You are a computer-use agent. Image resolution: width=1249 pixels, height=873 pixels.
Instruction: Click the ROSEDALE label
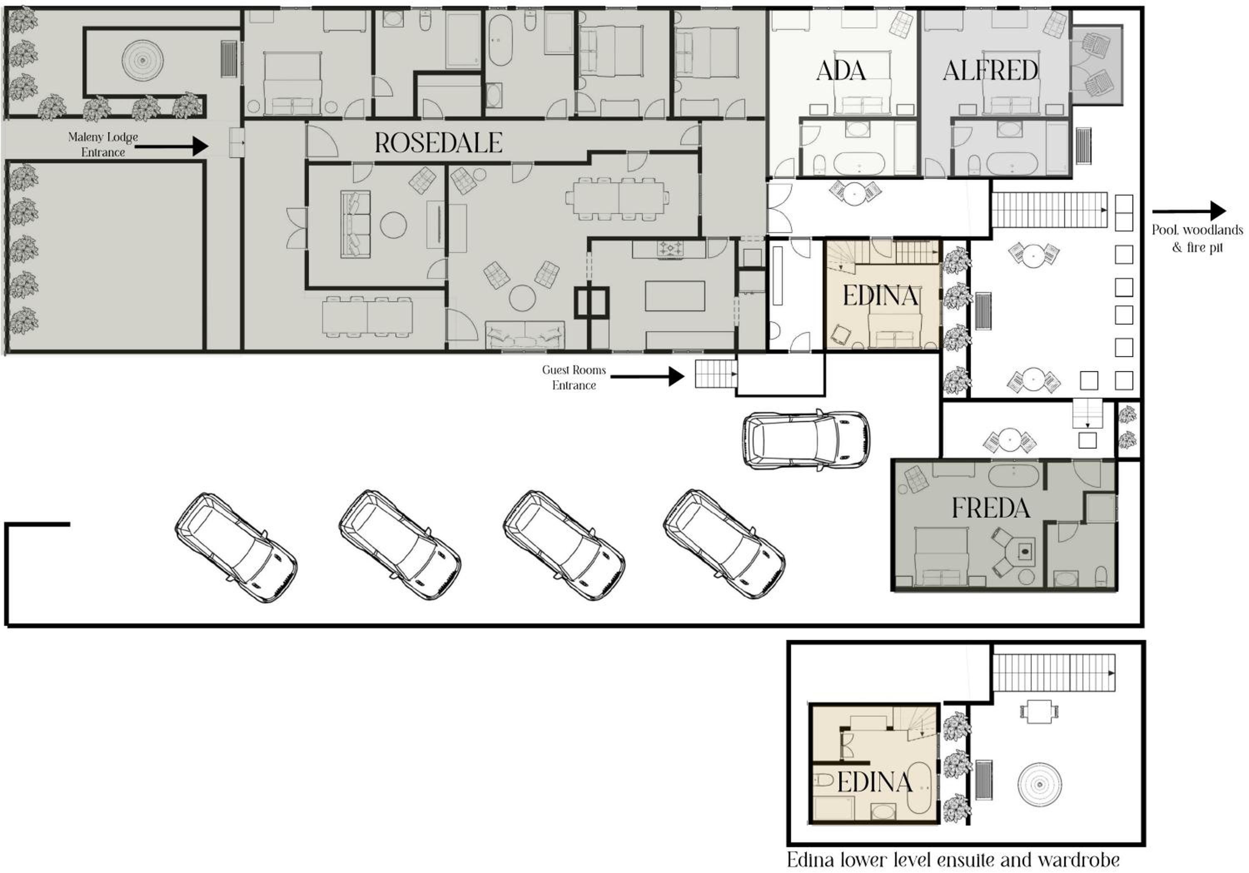click(x=438, y=143)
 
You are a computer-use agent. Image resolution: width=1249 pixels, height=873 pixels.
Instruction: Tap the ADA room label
click(x=841, y=71)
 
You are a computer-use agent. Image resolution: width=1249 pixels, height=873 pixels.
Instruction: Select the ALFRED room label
click(x=990, y=71)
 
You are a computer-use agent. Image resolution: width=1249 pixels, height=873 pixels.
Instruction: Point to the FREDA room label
click(x=990, y=508)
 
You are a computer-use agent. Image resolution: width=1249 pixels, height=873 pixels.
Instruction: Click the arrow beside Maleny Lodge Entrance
click(x=172, y=146)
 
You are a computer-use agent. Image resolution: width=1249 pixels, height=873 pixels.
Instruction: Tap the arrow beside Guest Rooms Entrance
click(x=647, y=376)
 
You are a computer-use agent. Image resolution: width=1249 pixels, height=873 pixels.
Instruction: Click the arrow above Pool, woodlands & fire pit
click(x=1189, y=211)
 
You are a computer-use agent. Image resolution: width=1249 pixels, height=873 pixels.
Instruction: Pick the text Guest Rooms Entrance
click(x=574, y=377)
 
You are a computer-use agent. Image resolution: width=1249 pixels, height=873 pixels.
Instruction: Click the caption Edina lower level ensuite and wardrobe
click(x=953, y=859)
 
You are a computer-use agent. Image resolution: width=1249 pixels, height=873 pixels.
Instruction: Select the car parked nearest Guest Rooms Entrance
click(x=806, y=439)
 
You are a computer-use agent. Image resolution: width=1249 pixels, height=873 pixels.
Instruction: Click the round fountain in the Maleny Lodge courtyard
click(x=142, y=60)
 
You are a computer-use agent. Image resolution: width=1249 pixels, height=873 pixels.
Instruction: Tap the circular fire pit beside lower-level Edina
click(x=1039, y=784)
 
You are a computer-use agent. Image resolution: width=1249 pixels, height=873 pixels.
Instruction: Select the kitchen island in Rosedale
click(x=675, y=296)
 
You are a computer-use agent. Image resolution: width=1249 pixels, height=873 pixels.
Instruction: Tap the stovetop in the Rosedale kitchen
click(x=670, y=249)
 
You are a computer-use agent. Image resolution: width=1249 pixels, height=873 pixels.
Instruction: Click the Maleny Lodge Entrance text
click(x=103, y=144)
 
